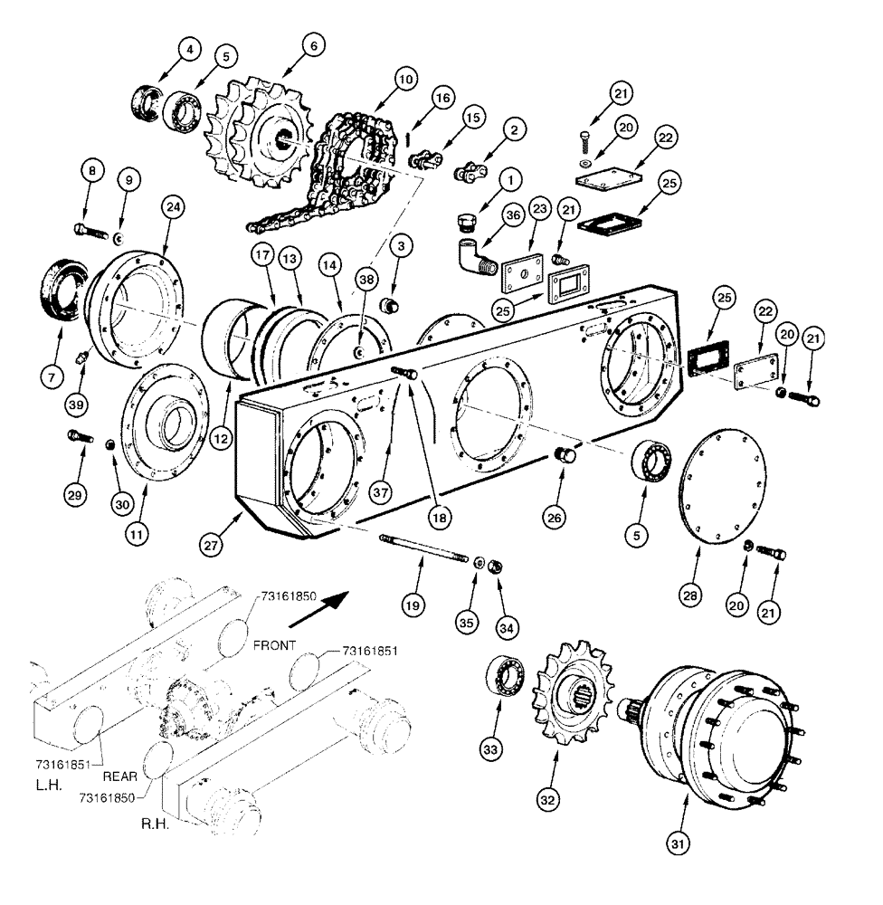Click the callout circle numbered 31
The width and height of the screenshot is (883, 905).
679,843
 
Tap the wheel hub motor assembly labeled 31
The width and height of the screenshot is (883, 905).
715,733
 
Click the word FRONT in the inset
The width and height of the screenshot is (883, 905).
274,647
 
